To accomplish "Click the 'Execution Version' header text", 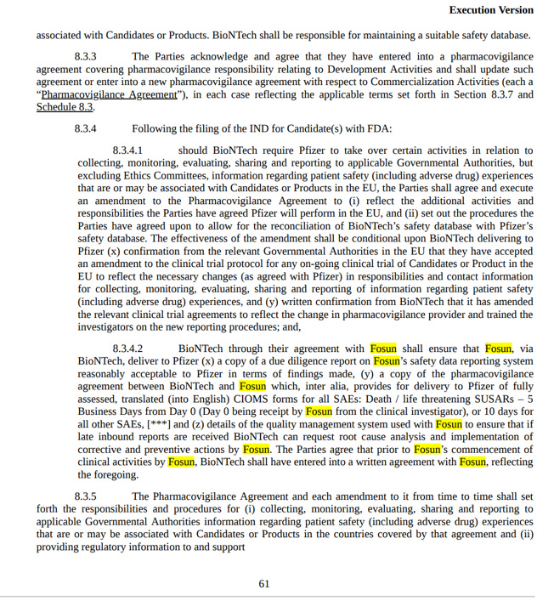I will click(491, 10).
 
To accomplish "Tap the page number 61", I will click(264, 584).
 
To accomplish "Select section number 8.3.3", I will click(85, 56).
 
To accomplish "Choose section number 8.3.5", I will click(85, 496).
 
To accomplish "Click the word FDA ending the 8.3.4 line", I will click(378, 129).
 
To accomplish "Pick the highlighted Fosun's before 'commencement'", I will click(427, 450).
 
